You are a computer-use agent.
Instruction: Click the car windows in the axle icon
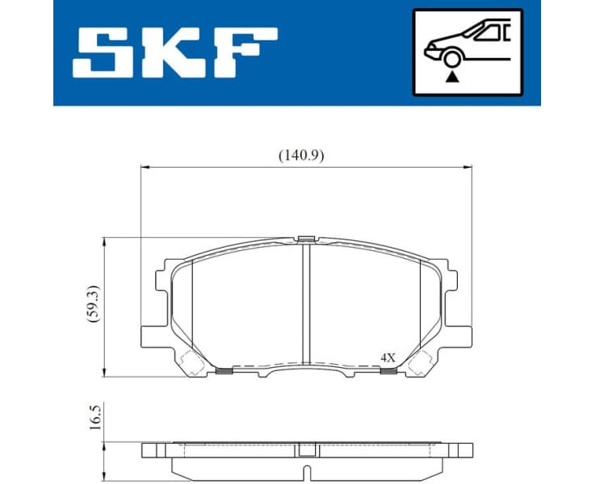[x=492, y=32]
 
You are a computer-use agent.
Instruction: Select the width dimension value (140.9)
[x=301, y=156]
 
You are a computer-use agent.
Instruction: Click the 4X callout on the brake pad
[x=388, y=356]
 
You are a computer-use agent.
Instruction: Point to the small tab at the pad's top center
[x=305, y=238]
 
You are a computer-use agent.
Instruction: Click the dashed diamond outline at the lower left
[x=192, y=365]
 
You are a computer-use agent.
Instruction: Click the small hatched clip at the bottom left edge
[x=225, y=371]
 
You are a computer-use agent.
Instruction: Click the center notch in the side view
[x=305, y=467]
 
